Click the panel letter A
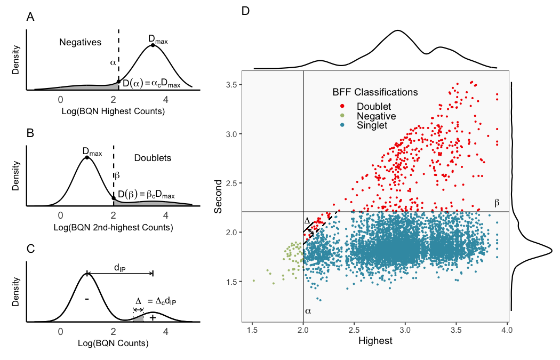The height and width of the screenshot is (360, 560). pyautogui.click(x=30, y=18)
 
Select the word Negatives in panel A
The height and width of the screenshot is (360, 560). pyautogui.click(x=80, y=42)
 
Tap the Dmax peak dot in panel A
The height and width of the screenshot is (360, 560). pyautogui.click(x=153, y=45)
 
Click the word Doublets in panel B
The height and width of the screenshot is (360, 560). pyautogui.click(x=153, y=158)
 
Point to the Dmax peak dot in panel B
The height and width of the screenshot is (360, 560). pyautogui.click(x=86, y=157)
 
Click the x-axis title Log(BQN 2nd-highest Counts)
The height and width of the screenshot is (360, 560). pyautogui.click(x=114, y=228)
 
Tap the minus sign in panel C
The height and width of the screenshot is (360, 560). pyautogui.click(x=86, y=299)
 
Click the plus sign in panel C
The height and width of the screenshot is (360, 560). pyautogui.click(x=153, y=318)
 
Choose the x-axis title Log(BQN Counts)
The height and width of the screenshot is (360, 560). pyautogui.click(x=114, y=343)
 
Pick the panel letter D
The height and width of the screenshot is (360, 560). pyautogui.click(x=245, y=11)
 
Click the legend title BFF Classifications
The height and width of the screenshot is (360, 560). pyautogui.click(x=375, y=92)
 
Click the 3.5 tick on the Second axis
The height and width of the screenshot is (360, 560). pyautogui.click(x=231, y=84)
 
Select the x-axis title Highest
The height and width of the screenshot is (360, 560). pyautogui.click(x=375, y=341)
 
